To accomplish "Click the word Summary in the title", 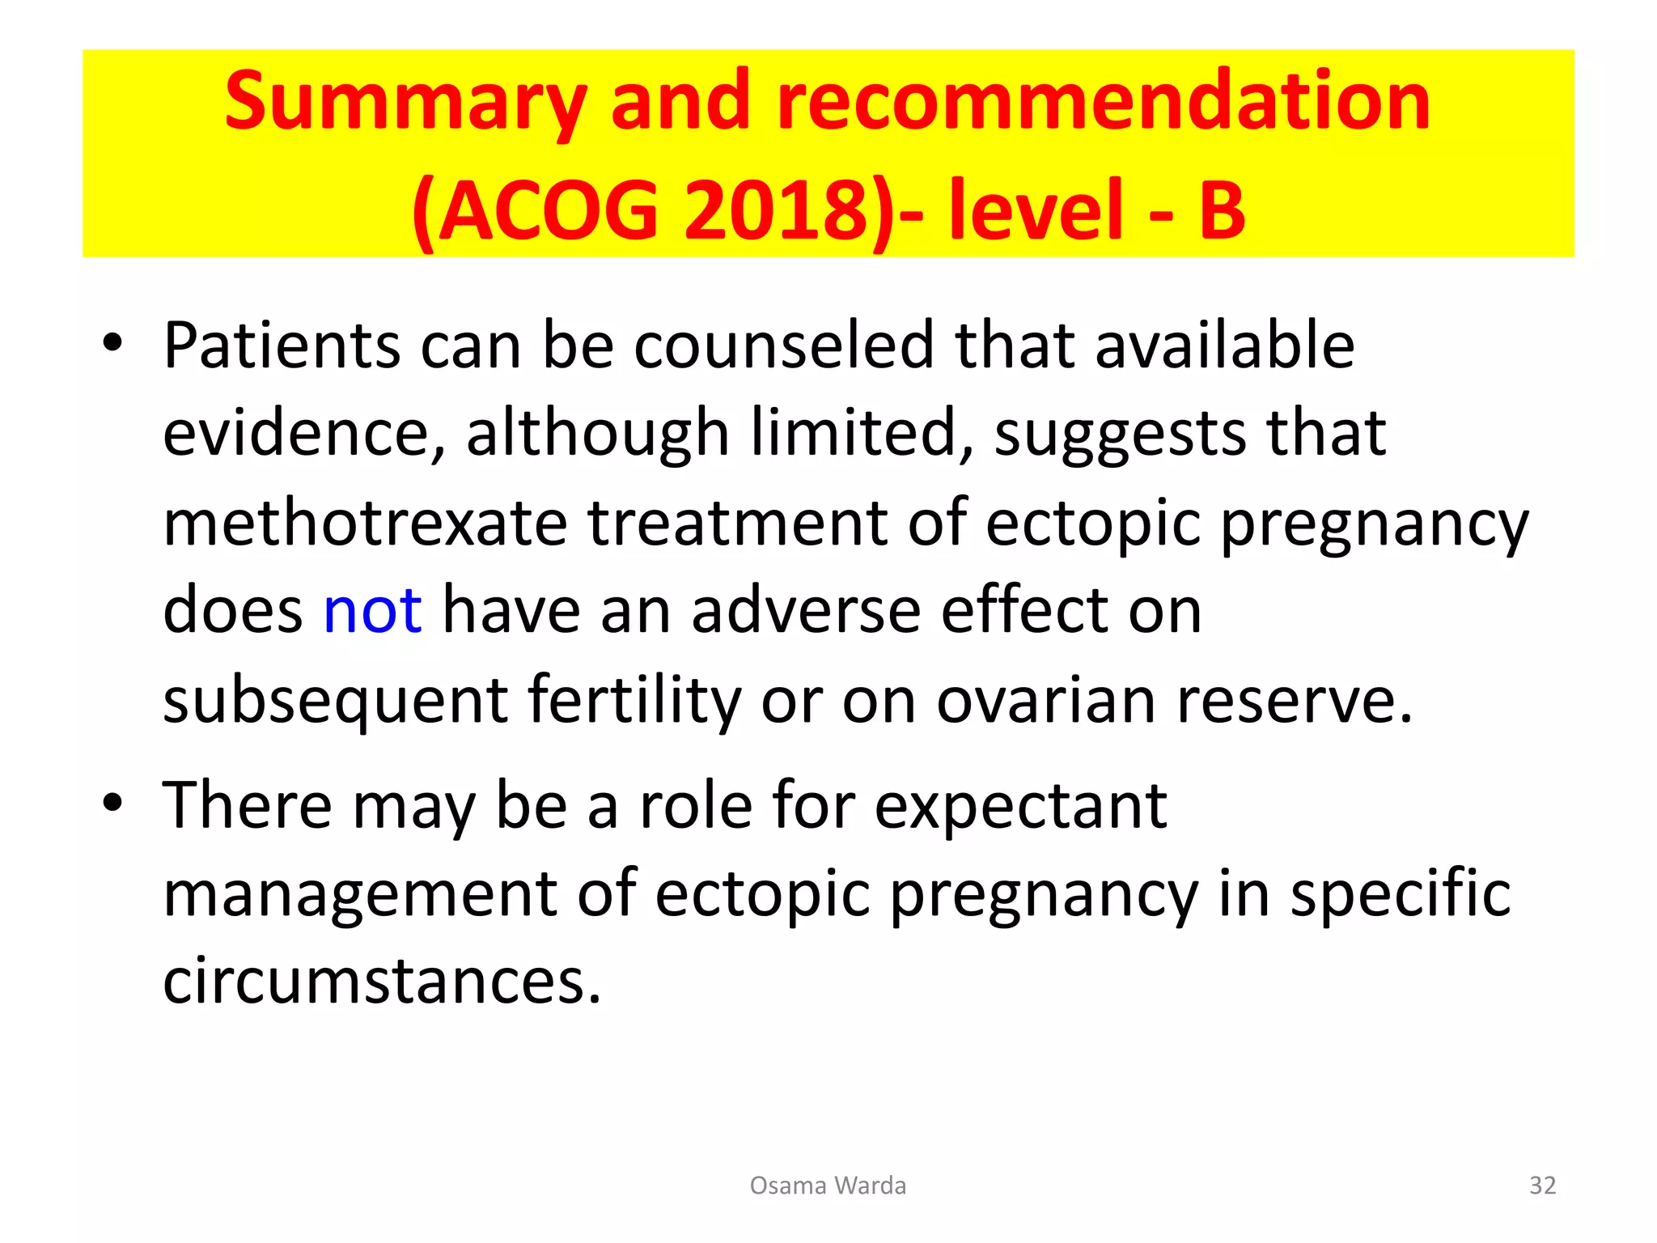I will coord(405,104).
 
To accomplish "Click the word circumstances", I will coord(382,982).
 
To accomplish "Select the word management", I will coord(360,894).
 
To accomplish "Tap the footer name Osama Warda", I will coord(828,1186).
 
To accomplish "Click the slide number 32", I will coord(1542,1186).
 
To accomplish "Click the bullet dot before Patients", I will coord(112,343).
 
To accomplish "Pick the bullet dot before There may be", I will coord(112,803).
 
